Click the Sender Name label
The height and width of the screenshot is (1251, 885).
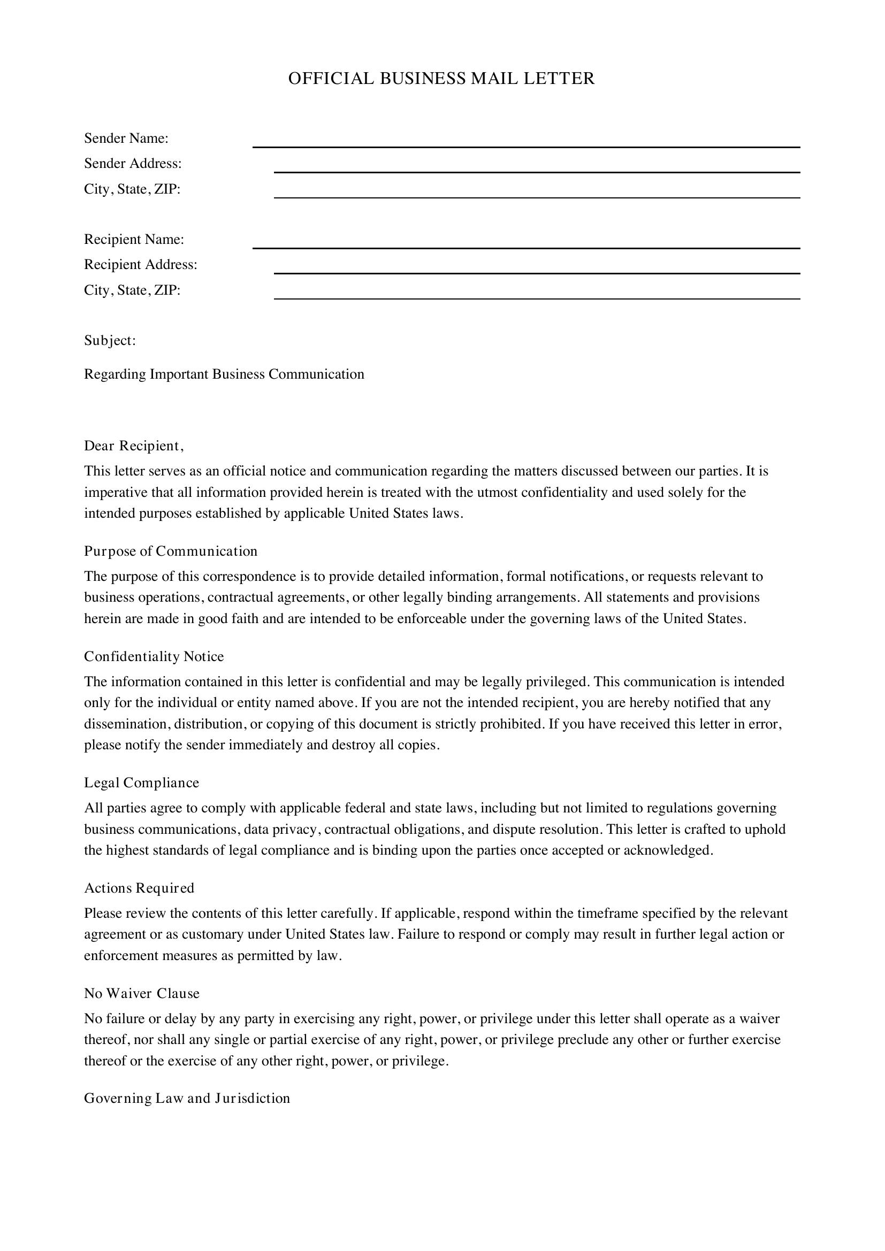[126, 139]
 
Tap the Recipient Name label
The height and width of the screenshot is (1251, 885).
[134, 239]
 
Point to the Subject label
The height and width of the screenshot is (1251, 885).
[110, 341]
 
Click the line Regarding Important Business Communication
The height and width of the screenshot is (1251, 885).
[224, 374]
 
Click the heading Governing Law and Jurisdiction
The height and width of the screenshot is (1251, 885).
[187, 1098]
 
